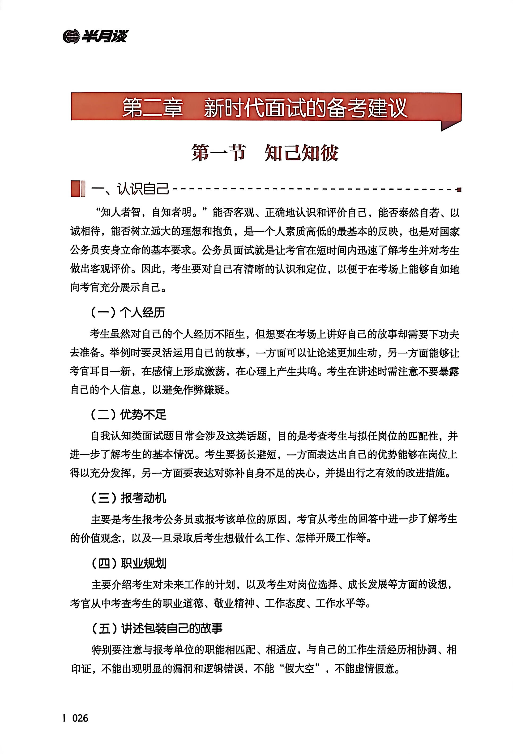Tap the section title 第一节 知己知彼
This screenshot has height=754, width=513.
[265, 153]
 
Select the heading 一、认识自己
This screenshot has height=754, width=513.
[130, 188]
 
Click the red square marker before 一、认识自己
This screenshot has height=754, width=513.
[76, 188]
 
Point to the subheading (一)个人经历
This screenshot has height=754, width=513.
[128, 312]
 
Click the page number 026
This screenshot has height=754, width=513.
[80, 727]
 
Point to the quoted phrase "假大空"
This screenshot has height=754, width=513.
[299, 668]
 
